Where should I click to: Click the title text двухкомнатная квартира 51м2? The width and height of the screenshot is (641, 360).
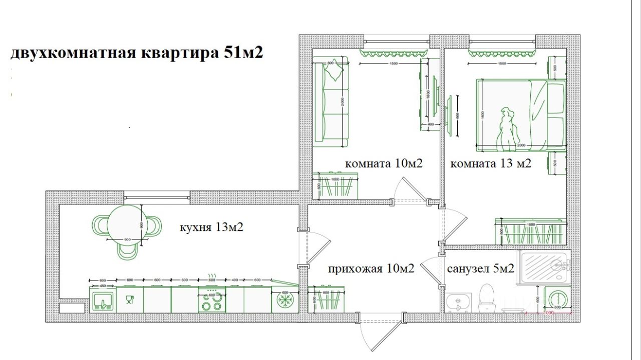136,53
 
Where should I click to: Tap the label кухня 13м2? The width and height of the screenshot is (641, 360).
211,227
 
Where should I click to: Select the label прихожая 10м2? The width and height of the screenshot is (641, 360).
371,269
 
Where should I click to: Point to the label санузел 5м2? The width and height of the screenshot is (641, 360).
481,269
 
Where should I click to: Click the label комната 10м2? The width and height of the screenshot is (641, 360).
384,163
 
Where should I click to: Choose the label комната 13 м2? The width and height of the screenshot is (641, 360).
491,163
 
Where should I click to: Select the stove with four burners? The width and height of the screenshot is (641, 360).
212,300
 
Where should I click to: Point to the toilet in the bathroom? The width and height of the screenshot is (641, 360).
486,298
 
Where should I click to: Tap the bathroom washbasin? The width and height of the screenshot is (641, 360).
457,302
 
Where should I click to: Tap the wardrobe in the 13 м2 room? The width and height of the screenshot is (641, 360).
530,231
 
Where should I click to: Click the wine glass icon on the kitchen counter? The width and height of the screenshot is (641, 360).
130,300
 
